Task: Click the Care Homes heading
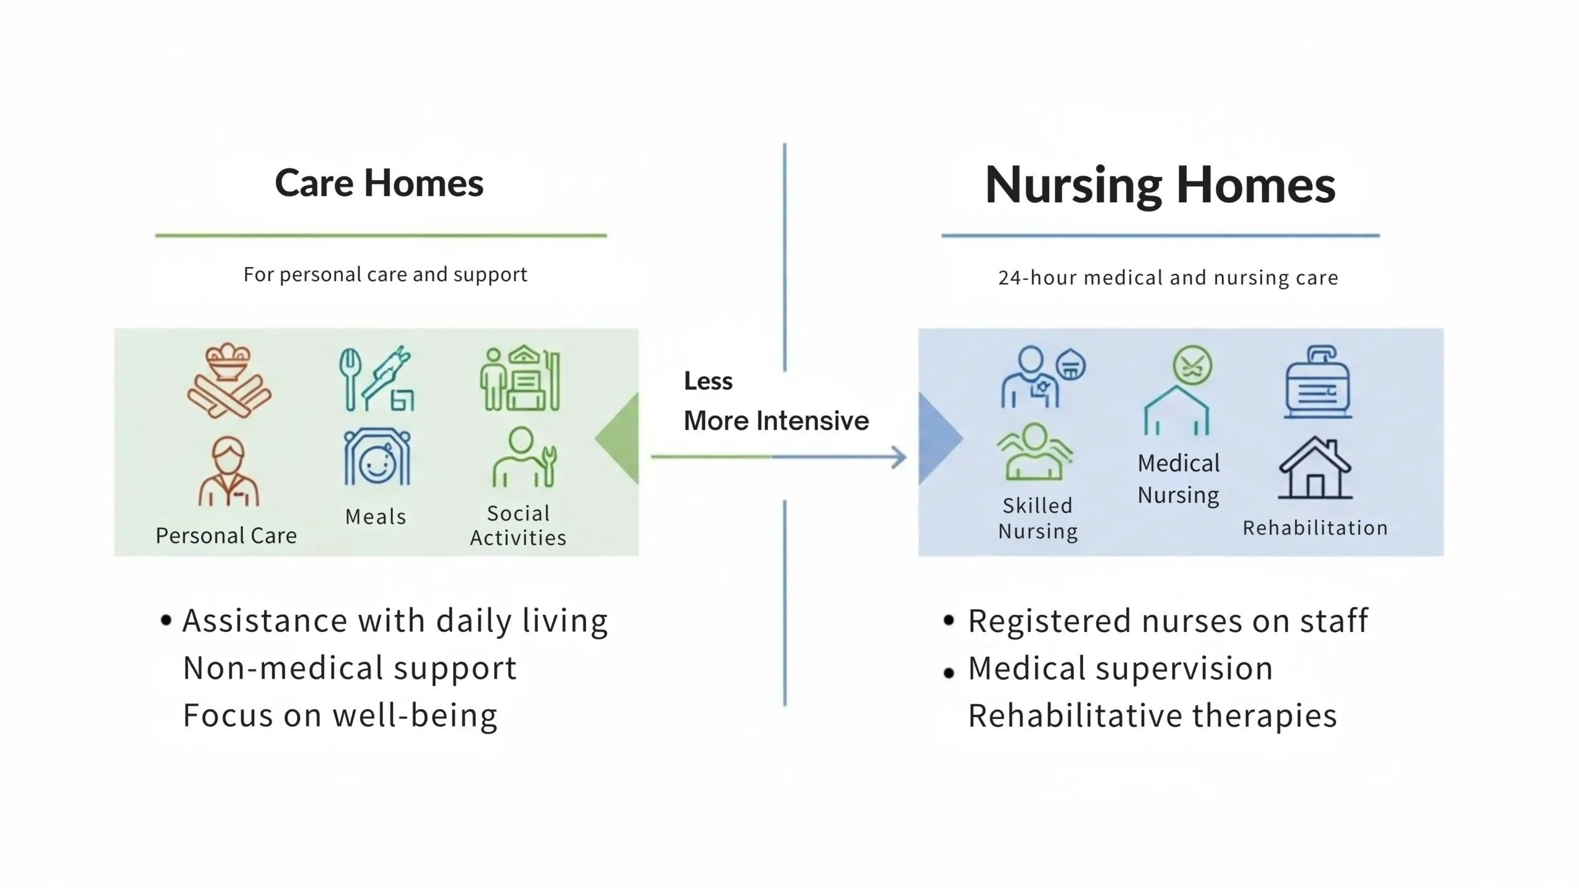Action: click(x=379, y=183)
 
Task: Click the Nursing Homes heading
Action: click(x=1160, y=185)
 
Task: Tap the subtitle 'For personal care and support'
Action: click(x=385, y=274)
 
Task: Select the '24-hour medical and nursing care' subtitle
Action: click(x=1168, y=278)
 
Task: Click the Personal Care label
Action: click(x=226, y=535)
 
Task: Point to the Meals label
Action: click(x=376, y=517)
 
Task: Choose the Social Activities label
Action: click(x=518, y=525)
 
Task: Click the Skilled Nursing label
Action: click(x=1037, y=518)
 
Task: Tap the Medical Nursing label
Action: click(x=1178, y=479)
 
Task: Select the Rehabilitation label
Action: click(x=1315, y=528)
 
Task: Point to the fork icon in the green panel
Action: click(x=350, y=379)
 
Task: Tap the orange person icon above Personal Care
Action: click(x=229, y=472)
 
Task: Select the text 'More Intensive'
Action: click(x=776, y=421)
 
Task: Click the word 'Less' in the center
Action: click(x=708, y=381)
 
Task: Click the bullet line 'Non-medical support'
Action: click(x=350, y=668)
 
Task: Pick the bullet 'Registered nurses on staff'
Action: click(x=1168, y=621)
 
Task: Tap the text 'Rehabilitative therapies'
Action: click(x=1152, y=716)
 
